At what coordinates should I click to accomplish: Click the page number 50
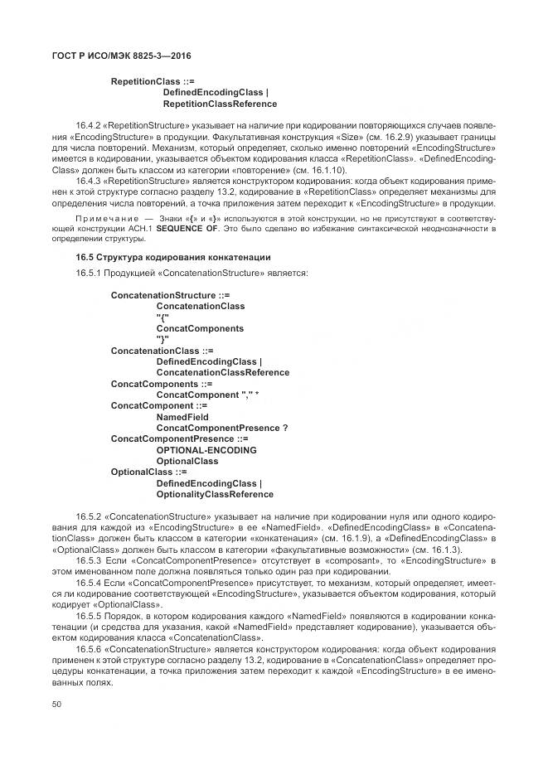coord(56,704)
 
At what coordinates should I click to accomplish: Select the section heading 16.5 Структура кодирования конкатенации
coord(173,257)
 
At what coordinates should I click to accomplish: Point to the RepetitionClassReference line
coord(220,104)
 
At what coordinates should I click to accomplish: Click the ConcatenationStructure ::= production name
coord(170,294)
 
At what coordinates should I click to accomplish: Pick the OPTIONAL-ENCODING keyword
coord(206,450)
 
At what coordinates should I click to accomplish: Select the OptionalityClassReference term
coord(215,495)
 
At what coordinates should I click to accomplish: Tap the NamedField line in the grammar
coord(177,417)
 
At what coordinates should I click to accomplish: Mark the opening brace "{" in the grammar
coord(162,317)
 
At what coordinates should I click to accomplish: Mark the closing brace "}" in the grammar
coord(162,339)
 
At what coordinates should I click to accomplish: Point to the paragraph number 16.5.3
coord(89,561)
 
